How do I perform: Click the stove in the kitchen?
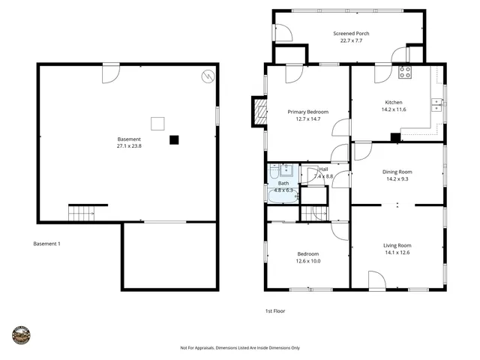(405, 73)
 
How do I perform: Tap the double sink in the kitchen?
(435, 106)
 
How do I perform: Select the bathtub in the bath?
(283, 196)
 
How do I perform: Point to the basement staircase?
(81, 213)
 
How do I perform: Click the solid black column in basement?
(174, 139)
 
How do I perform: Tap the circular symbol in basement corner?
(207, 76)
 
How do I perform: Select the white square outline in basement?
(157, 124)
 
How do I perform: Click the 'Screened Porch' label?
(351, 34)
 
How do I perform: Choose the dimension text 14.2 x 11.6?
(394, 109)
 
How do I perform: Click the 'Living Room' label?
(397, 245)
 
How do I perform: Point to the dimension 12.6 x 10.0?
(307, 261)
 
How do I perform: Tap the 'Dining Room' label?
(398, 172)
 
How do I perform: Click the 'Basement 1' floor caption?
(47, 244)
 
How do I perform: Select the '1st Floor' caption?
(274, 310)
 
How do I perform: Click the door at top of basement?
(110, 73)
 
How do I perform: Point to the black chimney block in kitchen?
(395, 137)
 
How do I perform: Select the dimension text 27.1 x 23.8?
(129, 146)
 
